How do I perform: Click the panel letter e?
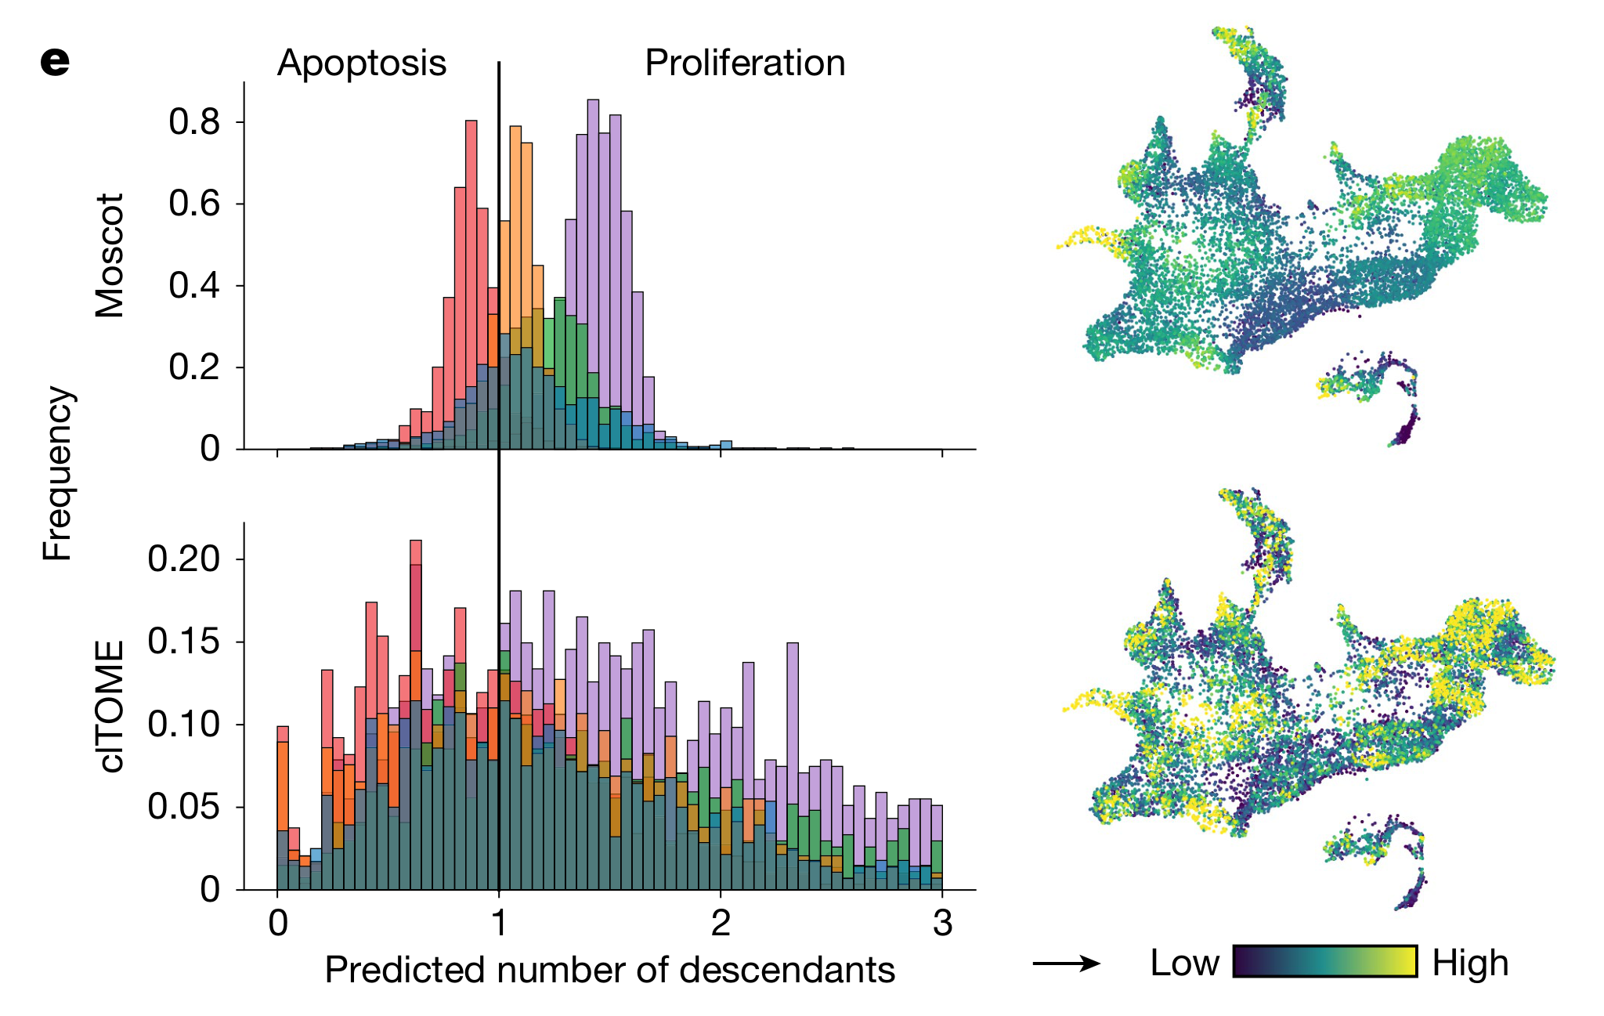[x=55, y=62]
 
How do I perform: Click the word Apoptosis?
[x=361, y=63]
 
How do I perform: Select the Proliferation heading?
[x=745, y=63]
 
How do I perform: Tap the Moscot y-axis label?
[x=110, y=255]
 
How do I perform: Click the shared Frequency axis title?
[x=57, y=473]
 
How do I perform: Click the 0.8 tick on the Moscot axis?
[x=194, y=122]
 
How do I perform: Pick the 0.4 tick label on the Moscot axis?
[x=194, y=286]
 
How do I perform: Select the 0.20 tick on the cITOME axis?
[x=184, y=559]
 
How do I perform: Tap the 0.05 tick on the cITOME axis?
[x=184, y=807]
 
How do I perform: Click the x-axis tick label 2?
[x=721, y=924]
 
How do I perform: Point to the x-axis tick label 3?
[x=942, y=924]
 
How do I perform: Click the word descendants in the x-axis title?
[x=787, y=970]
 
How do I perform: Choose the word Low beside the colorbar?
[x=1184, y=963]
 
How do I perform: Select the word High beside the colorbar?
[x=1470, y=963]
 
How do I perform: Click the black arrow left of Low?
[x=1066, y=963]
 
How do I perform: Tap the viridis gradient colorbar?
[x=1325, y=962]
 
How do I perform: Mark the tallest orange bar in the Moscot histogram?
[x=515, y=227]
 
